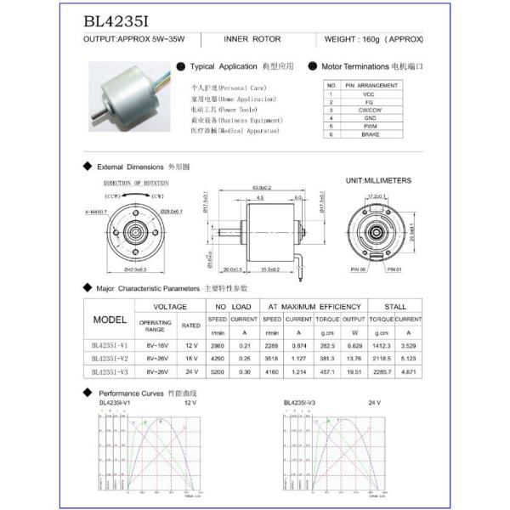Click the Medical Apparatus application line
click(235, 132)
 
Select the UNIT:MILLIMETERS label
click(378, 181)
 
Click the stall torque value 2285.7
click(382, 371)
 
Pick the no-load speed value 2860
click(218, 346)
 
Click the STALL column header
click(394, 306)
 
